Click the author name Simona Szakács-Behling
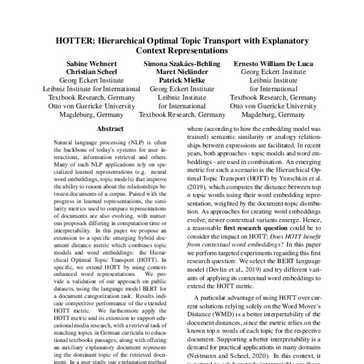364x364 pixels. point(182,62)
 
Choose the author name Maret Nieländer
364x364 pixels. point(182,71)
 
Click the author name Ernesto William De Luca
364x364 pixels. point(278,62)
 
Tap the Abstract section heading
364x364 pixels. point(110,129)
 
